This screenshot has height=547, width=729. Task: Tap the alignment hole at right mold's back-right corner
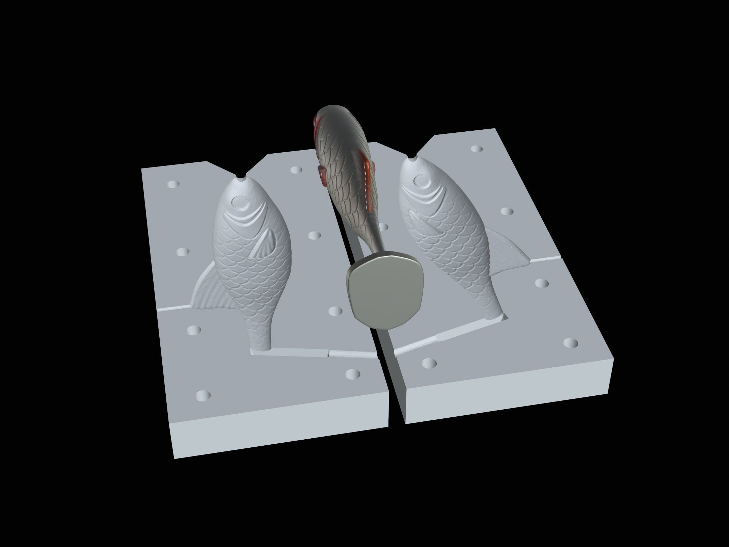click(476, 149)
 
